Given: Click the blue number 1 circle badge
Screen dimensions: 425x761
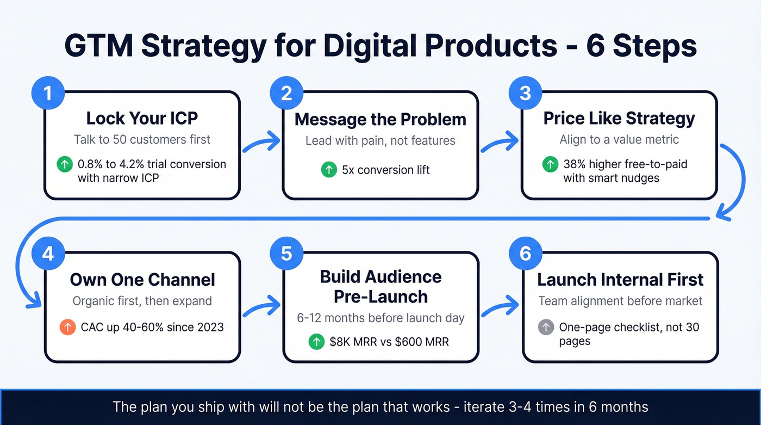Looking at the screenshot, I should pos(47,94).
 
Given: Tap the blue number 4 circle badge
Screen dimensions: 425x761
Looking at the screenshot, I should pos(47,254).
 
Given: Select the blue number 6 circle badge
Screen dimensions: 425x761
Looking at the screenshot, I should pos(525,254).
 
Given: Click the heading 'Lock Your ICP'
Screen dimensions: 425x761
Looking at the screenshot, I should pos(142,119).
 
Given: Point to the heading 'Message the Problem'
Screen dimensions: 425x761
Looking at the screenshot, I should pos(380,119).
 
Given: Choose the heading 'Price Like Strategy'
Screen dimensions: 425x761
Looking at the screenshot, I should pos(619,119).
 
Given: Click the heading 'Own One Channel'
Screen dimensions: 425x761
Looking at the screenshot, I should pos(142,280).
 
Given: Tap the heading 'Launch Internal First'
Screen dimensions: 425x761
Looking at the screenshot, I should pos(620,280).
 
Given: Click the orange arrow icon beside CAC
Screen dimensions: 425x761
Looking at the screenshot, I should pos(67,327).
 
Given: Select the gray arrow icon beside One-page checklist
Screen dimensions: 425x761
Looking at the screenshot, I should pos(546,328).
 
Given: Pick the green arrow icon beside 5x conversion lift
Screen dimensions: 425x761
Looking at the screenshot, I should pos(328,170).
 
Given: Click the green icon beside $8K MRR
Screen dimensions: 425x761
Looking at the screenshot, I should pos(316,342).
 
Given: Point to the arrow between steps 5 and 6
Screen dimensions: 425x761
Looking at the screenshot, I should pos(500,305).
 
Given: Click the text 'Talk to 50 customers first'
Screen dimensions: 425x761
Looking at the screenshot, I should pos(142,139).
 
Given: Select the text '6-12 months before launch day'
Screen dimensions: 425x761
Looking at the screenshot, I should pos(380,318).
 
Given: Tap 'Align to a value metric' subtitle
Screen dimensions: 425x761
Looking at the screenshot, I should pos(619,139).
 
